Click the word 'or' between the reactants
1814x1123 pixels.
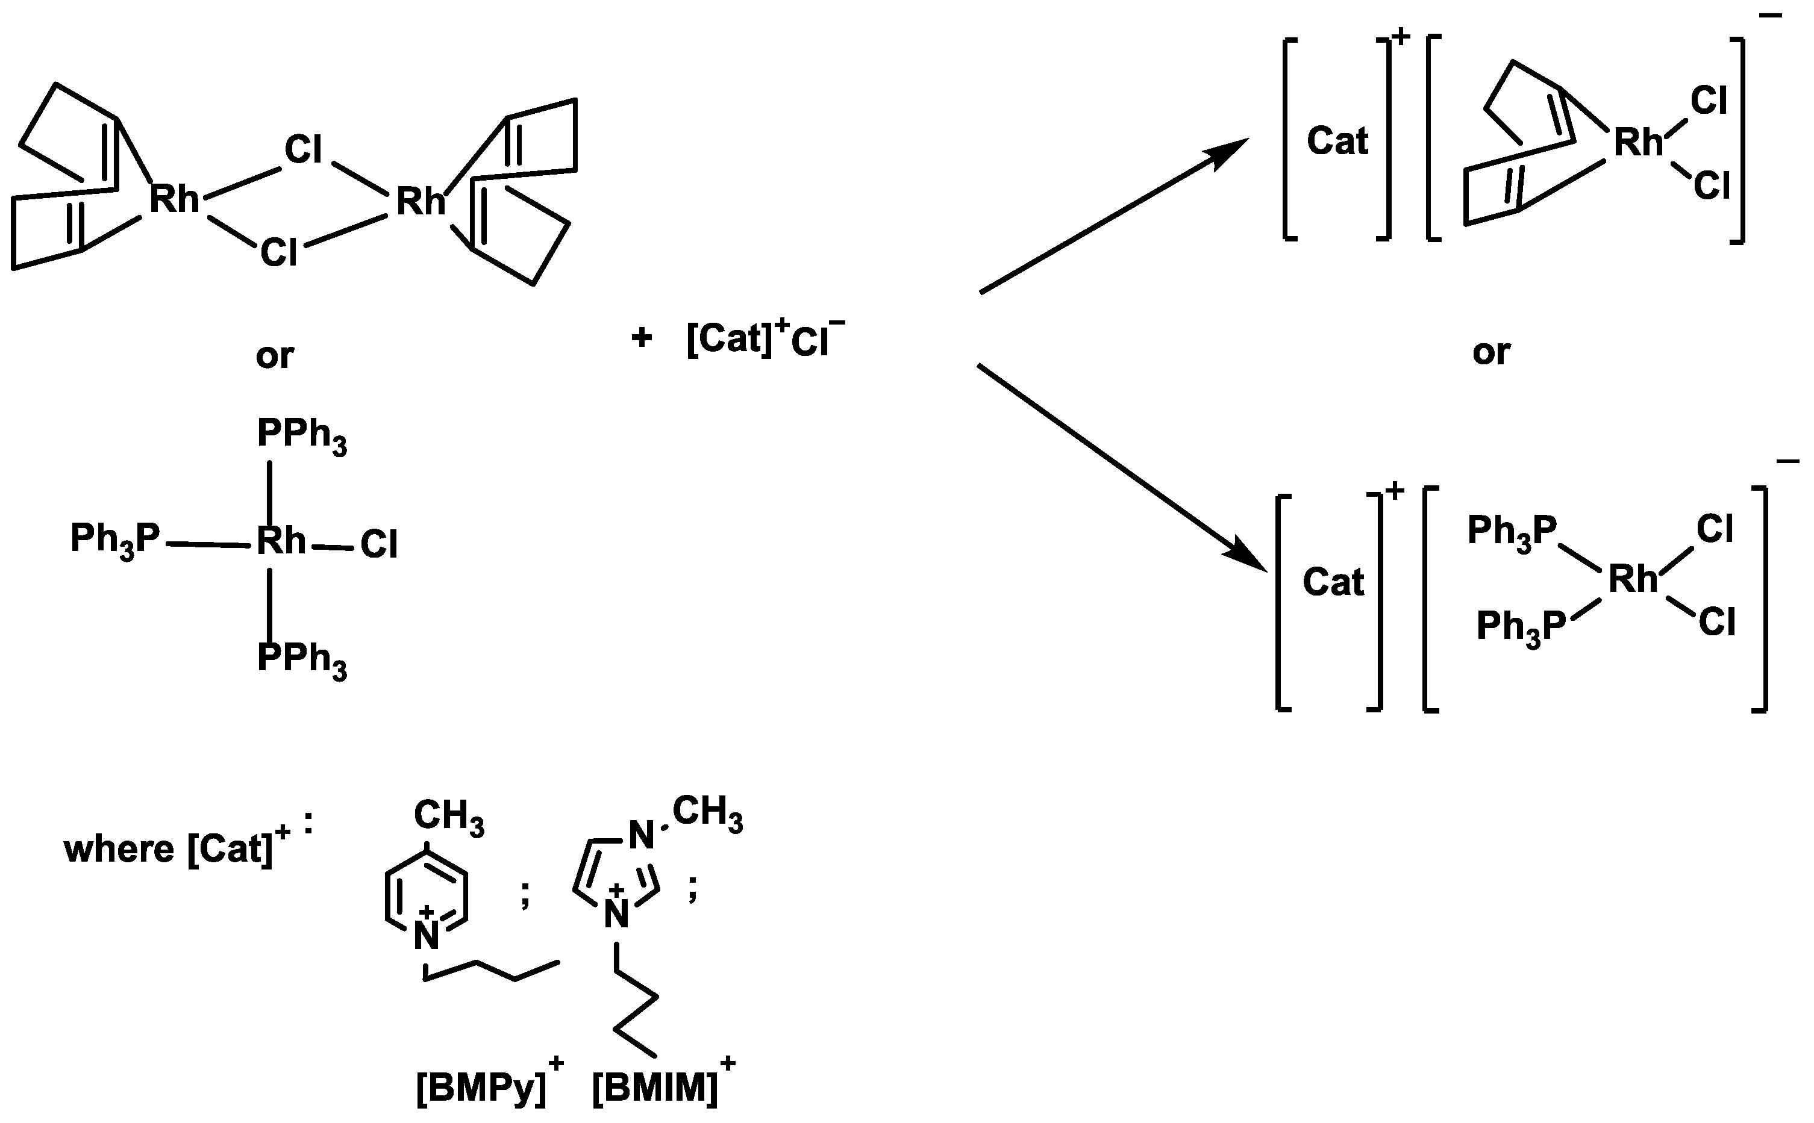274,356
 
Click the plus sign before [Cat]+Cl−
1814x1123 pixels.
642,338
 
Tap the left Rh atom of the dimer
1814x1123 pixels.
175,200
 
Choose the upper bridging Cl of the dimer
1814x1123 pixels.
303,150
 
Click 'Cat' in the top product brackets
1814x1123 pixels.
1337,140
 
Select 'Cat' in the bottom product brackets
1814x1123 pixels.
1333,582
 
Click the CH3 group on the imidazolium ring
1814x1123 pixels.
707,812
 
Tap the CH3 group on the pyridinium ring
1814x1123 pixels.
448,817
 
